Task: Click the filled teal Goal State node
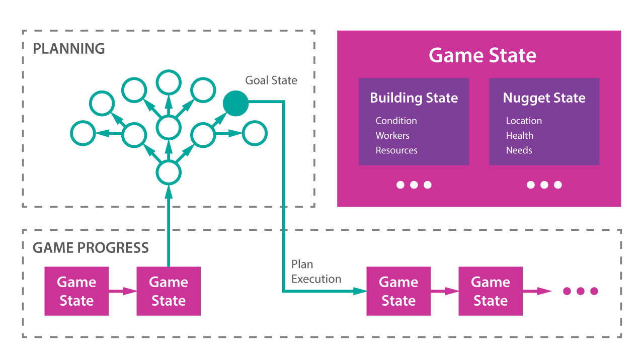pos(235,104)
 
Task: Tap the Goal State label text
pos(271,80)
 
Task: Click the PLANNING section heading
pos(69,49)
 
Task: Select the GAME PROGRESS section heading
pos(91,248)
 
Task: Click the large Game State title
pos(482,55)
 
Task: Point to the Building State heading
pos(414,98)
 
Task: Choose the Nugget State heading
pos(544,98)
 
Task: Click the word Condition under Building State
pos(396,121)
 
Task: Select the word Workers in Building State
pos(392,136)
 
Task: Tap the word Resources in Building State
pos(396,150)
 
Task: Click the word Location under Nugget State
pos(524,121)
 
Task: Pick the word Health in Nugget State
pos(520,136)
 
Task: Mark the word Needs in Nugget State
pos(519,150)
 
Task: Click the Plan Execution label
pos(316,272)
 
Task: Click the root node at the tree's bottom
pos(169,172)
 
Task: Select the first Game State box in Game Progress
pos(76,291)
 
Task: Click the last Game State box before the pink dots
pos(491,291)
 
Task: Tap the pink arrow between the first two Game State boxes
pos(123,291)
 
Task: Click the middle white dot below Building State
pos(414,185)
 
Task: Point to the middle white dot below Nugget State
pos(544,185)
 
